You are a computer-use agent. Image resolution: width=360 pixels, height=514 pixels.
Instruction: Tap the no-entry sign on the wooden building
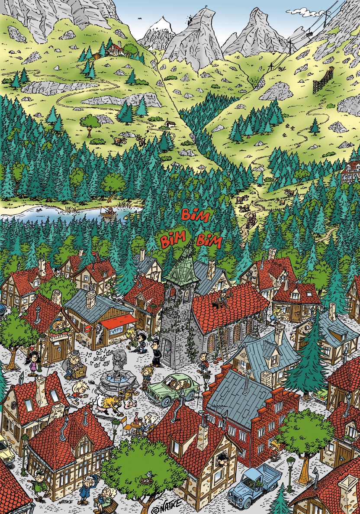87,330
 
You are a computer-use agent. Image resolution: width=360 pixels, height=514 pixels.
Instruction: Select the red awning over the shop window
119,321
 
